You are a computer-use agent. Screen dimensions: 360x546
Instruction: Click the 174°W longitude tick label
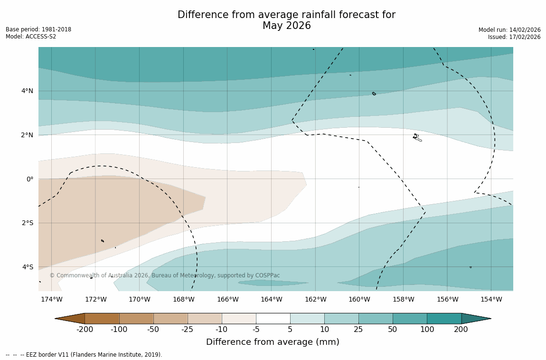[x=51, y=299]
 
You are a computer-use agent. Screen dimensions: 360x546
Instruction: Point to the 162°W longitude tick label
[x=315, y=299]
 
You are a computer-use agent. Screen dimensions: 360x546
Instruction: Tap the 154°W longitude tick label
[x=491, y=299]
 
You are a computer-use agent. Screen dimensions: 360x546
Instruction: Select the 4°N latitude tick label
[x=27, y=91]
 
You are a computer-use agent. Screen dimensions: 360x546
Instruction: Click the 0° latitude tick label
[x=30, y=179]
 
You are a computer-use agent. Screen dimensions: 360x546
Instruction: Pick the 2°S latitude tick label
[x=27, y=223]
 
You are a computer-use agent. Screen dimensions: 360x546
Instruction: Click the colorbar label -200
[x=85, y=330]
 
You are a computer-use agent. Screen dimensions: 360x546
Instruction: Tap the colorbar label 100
[x=426, y=330]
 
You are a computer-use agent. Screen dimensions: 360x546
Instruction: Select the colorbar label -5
[x=256, y=330]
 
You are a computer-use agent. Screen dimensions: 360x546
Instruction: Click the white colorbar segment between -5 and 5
[x=273, y=318]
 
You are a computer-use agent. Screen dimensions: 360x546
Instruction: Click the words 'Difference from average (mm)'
[x=273, y=342]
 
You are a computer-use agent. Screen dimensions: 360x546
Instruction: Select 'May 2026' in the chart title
[x=286, y=26]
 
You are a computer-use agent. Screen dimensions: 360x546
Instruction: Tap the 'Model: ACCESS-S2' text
[x=31, y=37]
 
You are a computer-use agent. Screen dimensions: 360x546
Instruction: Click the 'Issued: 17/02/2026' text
[x=514, y=37]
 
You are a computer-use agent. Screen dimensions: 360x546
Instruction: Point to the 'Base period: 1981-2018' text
[x=38, y=29]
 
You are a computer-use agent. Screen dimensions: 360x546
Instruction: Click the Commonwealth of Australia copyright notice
[x=165, y=275]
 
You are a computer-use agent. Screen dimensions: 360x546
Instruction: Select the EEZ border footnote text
[x=84, y=355]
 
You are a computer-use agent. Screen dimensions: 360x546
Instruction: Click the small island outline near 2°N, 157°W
[x=416, y=137]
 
